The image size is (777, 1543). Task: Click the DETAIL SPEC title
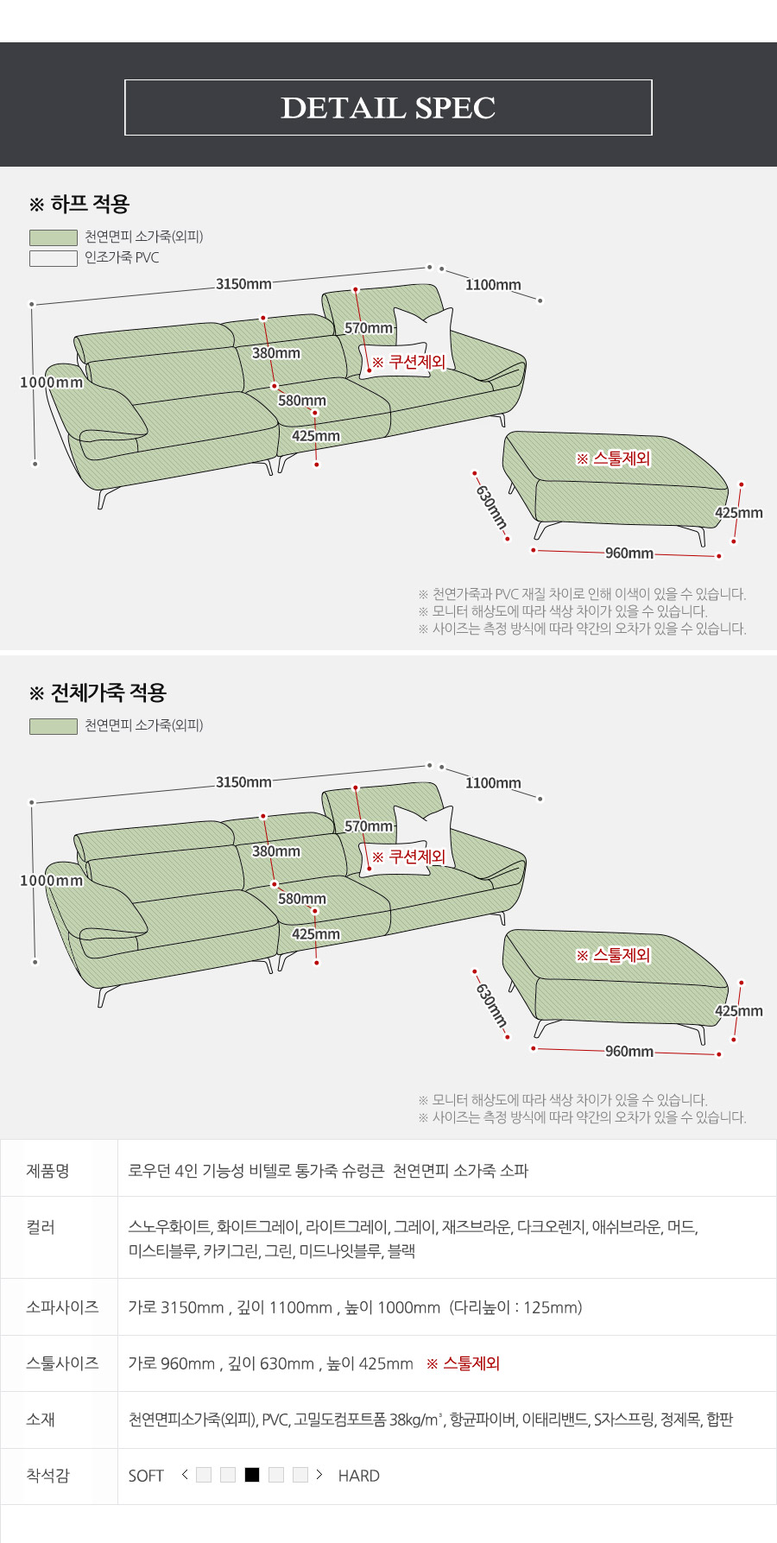(x=388, y=108)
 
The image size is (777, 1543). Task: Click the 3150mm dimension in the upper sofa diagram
(x=243, y=284)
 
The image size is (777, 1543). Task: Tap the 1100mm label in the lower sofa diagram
(x=493, y=783)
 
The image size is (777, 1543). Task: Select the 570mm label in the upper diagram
(x=369, y=328)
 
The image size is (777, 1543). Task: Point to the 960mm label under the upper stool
(x=629, y=553)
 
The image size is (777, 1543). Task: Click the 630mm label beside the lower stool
(x=490, y=1002)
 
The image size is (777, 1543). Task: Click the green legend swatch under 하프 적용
(x=54, y=237)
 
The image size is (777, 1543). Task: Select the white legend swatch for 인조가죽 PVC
(x=54, y=258)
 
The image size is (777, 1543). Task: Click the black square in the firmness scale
(x=252, y=1475)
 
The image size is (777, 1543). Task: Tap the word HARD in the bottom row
(x=359, y=1476)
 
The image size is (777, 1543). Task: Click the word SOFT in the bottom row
(x=146, y=1476)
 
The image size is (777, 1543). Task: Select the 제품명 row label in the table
(x=47, y=1171)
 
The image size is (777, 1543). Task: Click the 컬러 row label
(x=41, y=1227)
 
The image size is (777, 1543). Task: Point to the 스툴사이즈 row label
(x=62, y=1363)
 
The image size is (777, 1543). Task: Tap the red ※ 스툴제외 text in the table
(x=464, y=1363)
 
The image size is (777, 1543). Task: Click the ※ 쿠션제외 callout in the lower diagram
(x=408, y=857)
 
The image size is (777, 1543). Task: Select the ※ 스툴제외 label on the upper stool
(x=613, y=458)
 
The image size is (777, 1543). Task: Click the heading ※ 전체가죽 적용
(x=98, y=692)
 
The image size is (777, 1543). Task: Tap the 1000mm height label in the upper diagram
(x=52, y=383)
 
